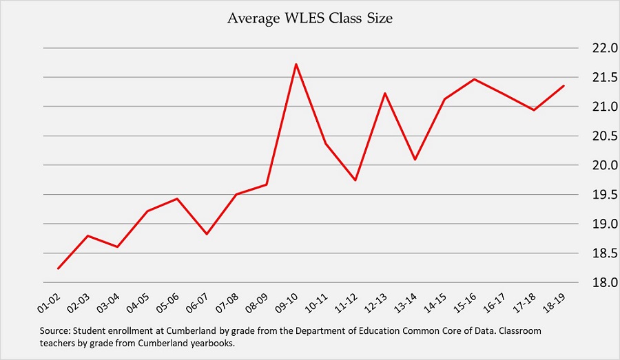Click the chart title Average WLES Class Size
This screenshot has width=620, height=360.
tap(310, 19)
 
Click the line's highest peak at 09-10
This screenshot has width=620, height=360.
tap(296, 64)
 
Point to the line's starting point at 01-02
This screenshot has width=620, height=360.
tap(58, 268)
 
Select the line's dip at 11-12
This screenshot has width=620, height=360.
tap(355, 180)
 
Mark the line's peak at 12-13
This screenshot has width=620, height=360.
tap(384, 93)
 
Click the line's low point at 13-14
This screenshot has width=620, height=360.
tap(415, 160)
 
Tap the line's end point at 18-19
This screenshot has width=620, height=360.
tap(564, 86)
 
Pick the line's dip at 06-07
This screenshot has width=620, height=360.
tap(206, 234)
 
